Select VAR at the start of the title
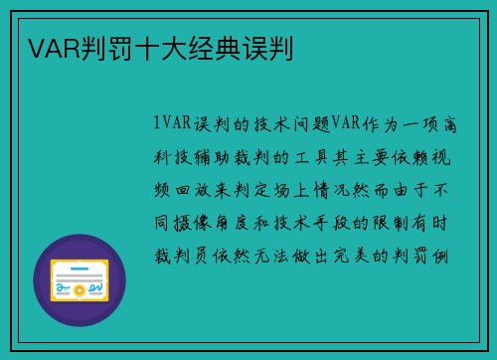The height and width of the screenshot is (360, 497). point(45,47)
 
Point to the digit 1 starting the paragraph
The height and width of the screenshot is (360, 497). point(158,123)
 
